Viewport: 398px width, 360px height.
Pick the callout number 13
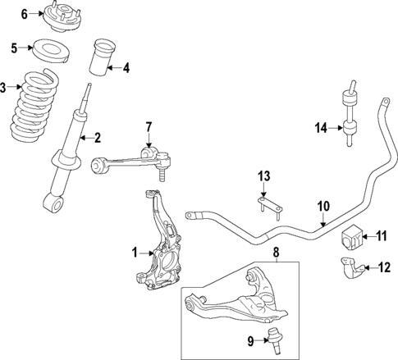(x=263, y=175)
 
